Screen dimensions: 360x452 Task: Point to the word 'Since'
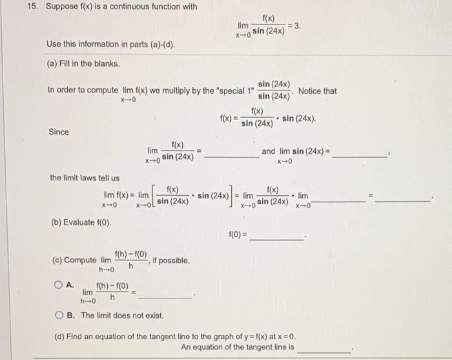(x=59, y=132)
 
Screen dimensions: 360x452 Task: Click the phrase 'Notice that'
(x=317, y=91)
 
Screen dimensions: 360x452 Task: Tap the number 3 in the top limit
(x=296, y=25)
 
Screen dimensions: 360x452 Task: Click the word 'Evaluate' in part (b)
(x=81, y=223)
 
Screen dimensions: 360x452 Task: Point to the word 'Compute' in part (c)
(x=81, y=260)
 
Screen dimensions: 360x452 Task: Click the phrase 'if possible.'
(x=169, y=260)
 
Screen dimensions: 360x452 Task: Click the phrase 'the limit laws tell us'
(x=85, y=178)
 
